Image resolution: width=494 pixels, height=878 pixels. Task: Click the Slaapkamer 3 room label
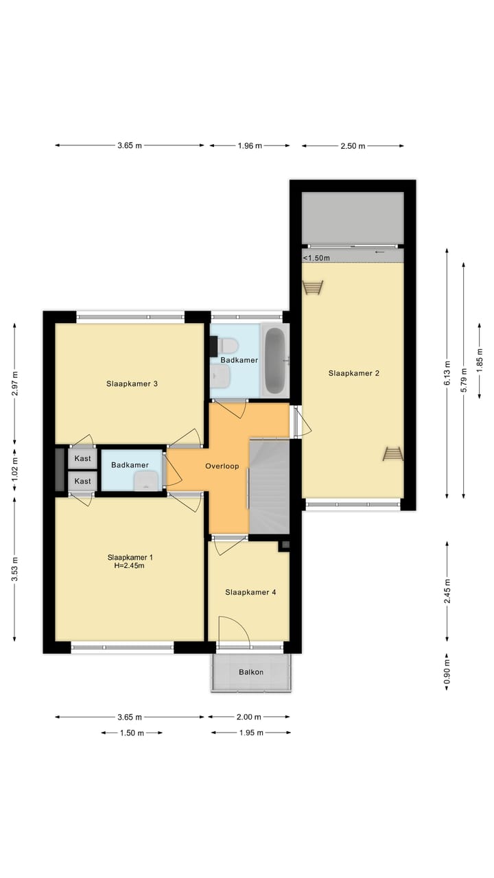pos(132,383)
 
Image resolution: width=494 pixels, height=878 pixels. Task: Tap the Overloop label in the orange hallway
pos(222,466)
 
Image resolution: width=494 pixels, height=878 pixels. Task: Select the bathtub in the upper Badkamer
pos(275,361)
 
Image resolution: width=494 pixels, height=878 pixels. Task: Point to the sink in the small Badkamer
pos(145,482)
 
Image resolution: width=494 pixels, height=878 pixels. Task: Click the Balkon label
pos(251,672)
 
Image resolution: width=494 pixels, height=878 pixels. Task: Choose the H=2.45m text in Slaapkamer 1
pos(130,566)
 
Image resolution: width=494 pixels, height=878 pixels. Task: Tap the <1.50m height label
pos(316,258)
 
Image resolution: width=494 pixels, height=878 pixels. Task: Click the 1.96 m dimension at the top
pos(249,145)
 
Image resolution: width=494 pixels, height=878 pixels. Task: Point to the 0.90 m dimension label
pos(447,672)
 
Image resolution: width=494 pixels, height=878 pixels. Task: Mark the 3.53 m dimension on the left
pos(15,569)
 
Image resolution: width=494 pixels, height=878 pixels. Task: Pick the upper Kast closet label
pos(83,458)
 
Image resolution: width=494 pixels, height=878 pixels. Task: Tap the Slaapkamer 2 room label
pos(353,373)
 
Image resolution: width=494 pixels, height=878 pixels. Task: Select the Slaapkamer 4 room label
pos(250,592)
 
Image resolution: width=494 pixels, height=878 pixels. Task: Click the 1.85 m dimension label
pos(480,358)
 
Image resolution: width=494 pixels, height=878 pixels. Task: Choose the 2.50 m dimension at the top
pos(353,145)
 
